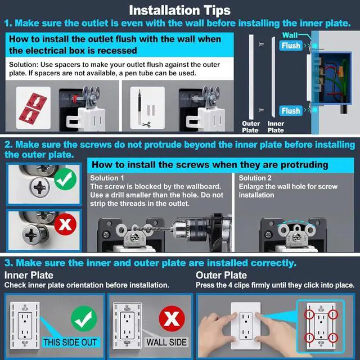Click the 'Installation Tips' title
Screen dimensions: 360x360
click(x=180, y=11)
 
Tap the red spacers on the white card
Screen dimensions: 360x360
click(x=33, y=109)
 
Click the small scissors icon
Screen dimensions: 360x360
click(x=146, y=125)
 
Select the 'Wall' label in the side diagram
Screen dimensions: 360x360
click(x=290, y=35)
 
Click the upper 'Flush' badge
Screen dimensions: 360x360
click(x=291, y=46)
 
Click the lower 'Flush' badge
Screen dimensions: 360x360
click(x=291, y=111)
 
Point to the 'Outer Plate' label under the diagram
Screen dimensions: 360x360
click(x=251, y=127)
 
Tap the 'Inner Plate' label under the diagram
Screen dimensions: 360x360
click(x=276, y=127)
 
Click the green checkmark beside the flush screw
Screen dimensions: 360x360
click(x=65, y=179)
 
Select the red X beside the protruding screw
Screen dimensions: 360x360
click(x=65, y=224)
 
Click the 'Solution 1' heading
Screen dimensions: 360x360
click(x=107, y=178)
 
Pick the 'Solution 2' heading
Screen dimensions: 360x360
click(x=255, y=178)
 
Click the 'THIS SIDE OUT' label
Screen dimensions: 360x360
click(x=70, y=343)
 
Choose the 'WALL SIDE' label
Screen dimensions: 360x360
click(x=166, y=343)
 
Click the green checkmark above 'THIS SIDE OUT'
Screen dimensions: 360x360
click(x=84, y=319)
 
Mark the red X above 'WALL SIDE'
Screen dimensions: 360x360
click(x=172, y=318)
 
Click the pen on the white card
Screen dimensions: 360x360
click(x=139, y=107)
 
